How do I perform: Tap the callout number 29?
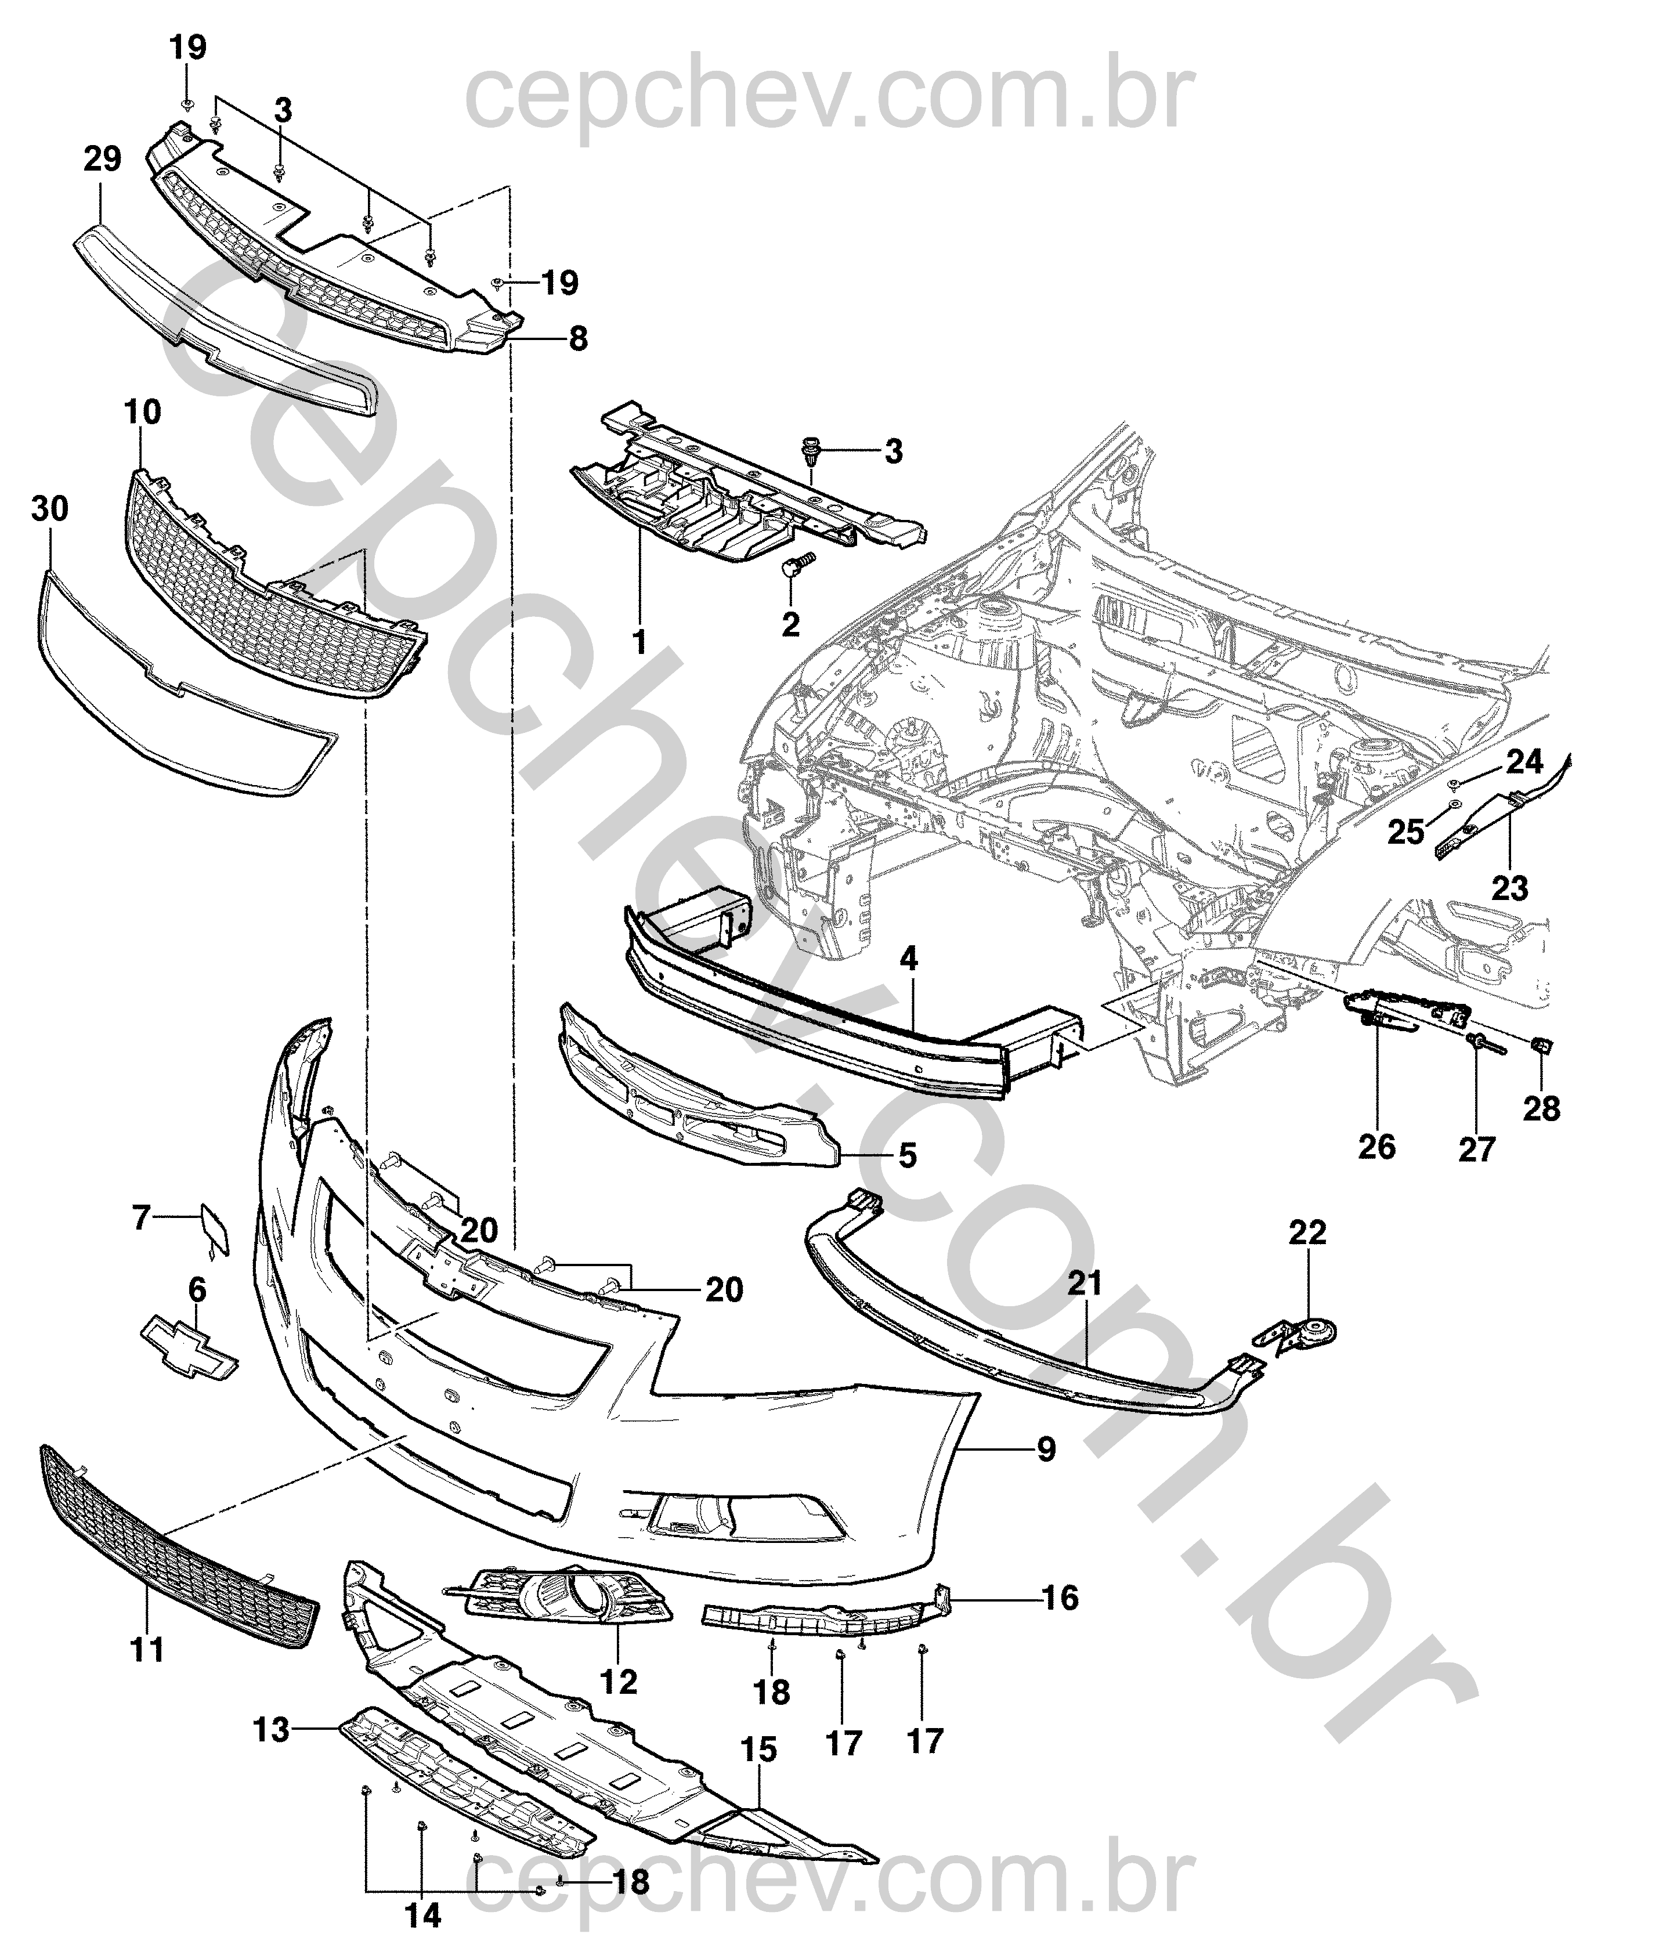(x=102, y=160)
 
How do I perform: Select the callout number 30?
(x=50, y=509)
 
